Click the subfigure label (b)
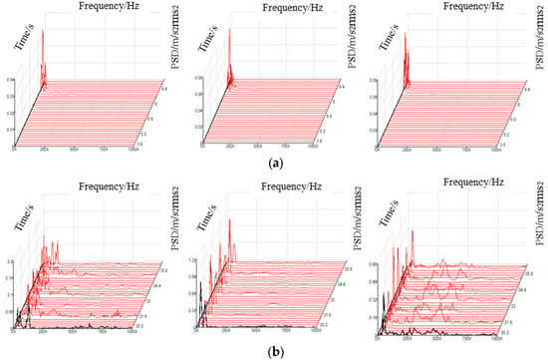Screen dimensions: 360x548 pyautogui.click(x=274, y=351)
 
